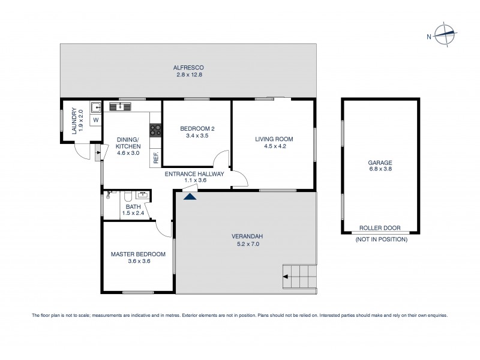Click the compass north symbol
[x=445, y=35]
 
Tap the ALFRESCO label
[x=189, y=68]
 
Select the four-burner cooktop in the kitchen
[x=156, y=128]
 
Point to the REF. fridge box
[x=156, y=157]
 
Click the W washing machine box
[x=95, y=120]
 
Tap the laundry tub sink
[x=95, y=107]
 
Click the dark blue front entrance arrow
[x=190, y=196]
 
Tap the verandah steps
[x=299, y=277]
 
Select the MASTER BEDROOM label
[x=137, y=254]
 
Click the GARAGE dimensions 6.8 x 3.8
[x=380, y=170]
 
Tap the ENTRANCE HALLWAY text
[x=194, y=174]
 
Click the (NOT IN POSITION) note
[x=381, y=239]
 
